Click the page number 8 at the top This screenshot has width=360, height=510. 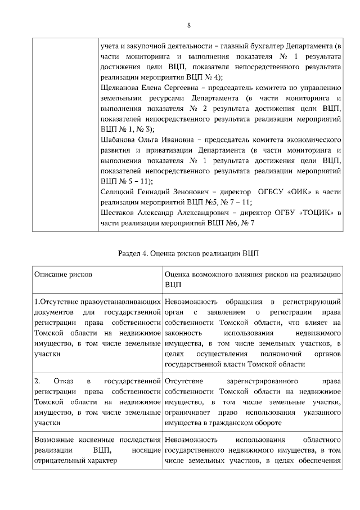[x=189, y=25]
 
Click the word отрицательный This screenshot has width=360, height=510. [x=58, y=460]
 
